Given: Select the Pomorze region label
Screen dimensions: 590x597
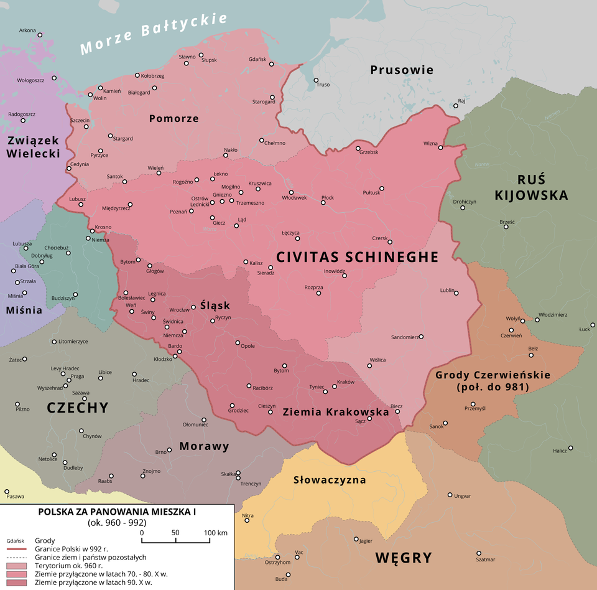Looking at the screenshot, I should click(174, 118).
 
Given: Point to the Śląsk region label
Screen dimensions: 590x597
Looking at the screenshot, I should click(215, 305).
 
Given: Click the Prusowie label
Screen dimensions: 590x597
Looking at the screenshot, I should click(402, 70).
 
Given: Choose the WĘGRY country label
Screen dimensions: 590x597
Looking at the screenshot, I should click(403, 558).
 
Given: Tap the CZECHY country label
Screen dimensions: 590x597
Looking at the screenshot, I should click(78, 408).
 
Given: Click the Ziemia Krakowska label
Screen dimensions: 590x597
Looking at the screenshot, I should click(335, 412).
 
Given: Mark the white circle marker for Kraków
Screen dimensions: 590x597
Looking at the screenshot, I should click(335, 386).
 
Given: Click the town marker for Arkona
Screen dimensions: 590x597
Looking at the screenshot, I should click(40, 35).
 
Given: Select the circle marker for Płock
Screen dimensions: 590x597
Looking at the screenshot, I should click(323, 204).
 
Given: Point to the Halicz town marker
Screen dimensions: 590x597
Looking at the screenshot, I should click(570, 448).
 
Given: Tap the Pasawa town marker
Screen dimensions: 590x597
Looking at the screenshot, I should click(7, 492).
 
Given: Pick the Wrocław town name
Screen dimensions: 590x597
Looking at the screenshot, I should click(179, 309).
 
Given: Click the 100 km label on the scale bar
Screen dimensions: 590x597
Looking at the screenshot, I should click(215, 533).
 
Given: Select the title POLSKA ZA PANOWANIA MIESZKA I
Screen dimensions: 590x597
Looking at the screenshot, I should click(117, 512).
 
